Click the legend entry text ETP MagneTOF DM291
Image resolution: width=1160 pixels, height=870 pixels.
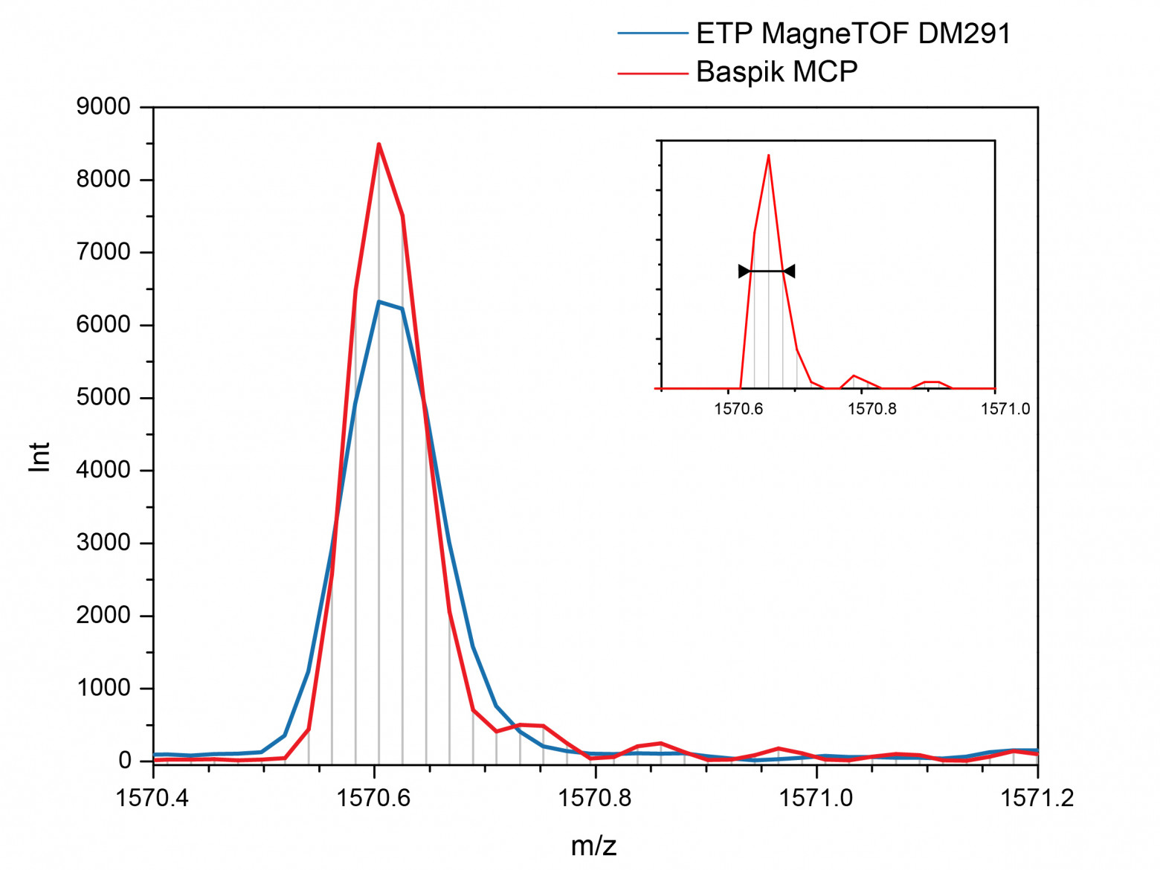(x=853, y=33)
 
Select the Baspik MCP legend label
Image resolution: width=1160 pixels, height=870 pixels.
(x=776, y=71)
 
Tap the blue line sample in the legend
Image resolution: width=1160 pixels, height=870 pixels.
(x=653, y=33)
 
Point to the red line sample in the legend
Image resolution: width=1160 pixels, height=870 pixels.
(x=653, y=73)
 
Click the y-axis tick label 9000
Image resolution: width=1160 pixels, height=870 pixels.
(x=103, y=107)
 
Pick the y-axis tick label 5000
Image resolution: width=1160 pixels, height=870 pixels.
(x=103, y=398)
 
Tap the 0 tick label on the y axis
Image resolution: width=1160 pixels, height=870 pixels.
(x=124, y=761)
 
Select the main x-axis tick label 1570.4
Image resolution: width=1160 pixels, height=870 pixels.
(x=152, y=799)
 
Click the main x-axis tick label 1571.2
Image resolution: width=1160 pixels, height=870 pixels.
(x=1037, y=799)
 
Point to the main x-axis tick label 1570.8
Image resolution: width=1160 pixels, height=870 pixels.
(x=595, y=799)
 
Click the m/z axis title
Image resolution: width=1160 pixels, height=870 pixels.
(x=593, y=845)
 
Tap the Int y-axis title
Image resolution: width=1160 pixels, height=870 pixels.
(x=39, y=457)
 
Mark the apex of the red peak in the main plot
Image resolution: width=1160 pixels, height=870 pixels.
(x=378, y=144)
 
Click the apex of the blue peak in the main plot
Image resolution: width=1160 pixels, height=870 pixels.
(x=378, y=302)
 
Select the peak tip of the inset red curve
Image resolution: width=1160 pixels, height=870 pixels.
(x=768, y=155)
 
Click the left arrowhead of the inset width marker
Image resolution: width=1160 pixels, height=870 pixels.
(x=744, y=271)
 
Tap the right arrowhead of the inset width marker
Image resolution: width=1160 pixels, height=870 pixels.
(x=790, y=271)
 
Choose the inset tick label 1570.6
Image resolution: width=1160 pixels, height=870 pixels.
(x=738, y=409)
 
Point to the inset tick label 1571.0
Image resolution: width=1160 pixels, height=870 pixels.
(x=1005, y=409)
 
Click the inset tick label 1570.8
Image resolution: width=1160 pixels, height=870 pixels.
(x=871, y=409)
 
